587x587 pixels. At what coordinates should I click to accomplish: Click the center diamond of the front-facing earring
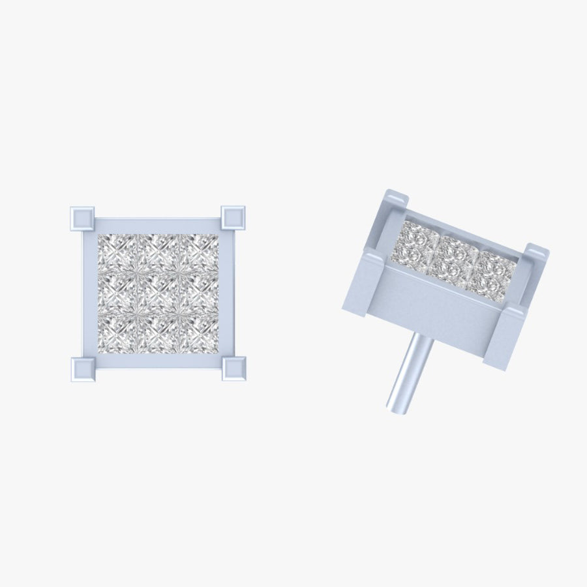pos(158,293)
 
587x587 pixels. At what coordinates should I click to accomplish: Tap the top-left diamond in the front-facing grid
pos(117,253)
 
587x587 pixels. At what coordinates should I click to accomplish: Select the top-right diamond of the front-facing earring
pos(198,253)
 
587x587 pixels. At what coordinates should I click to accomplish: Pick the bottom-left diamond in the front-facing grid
pos(117,333)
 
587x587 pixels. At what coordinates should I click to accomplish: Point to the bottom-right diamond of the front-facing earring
pos(198,333)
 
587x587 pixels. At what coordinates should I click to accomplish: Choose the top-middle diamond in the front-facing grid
pos(158,253)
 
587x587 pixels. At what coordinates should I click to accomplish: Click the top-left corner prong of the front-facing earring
pos(82,218)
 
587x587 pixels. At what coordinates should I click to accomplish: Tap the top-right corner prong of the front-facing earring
pos(233,217)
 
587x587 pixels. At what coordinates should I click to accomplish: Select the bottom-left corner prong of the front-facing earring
pos(82,369)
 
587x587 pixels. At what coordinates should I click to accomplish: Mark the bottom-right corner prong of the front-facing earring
pos(233,369)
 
